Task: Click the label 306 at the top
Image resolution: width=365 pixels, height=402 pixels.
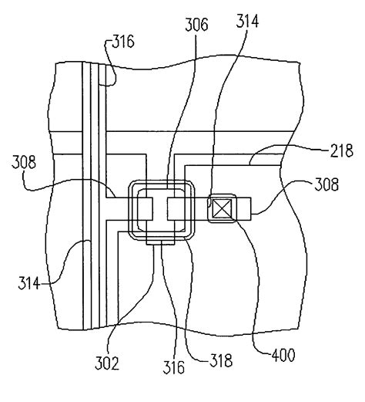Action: click(x=196, y=25)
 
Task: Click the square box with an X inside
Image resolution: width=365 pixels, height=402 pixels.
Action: click(x=224, y=208)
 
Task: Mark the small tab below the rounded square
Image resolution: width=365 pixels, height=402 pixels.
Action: click(x=162, y=243)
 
